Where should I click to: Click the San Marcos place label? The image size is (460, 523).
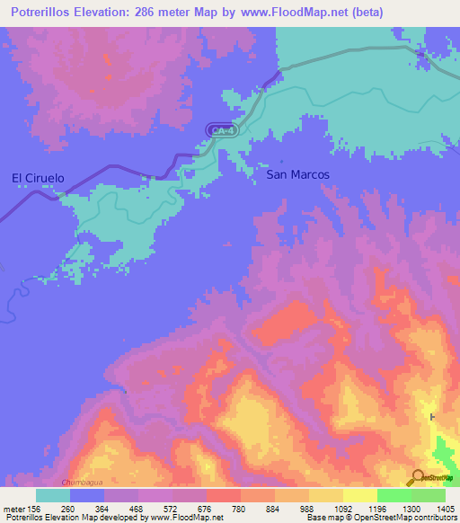pyautogui.click(x=298, y=174)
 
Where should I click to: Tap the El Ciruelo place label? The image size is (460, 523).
pyautogui.click(x=38, y=178)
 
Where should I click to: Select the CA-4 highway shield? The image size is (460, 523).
pyautogui.click(x=219, y=130)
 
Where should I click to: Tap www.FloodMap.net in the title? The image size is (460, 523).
pyautogui.click(x=288, y=13)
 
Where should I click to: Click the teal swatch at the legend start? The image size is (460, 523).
pyautogui.click(x=52, y=495)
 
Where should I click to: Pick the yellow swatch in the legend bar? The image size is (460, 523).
pyautogui.click(x=358, y=495)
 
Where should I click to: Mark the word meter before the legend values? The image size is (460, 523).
pyautogui.click(x=13, y=508)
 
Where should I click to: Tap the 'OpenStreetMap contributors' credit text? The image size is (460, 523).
pyautogui.click(x=402, y=518)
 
